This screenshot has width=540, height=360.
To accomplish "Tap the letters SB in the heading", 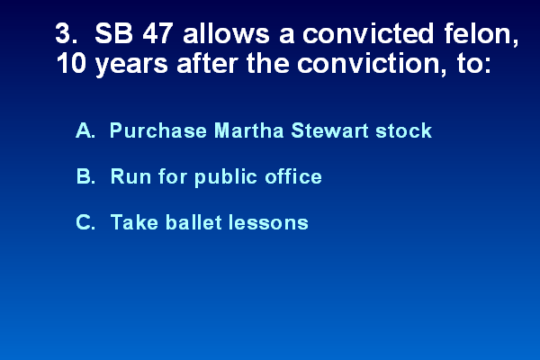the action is [x=113, y=33].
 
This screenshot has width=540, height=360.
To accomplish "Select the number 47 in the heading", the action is [x=157, y=33].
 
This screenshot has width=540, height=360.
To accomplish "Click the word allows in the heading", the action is [x=226, y=33].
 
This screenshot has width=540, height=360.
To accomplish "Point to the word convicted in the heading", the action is [x=367, y=33].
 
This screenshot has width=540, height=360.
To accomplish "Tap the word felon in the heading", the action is [x=478, y=33].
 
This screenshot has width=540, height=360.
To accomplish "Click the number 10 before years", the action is [x=71, y=63].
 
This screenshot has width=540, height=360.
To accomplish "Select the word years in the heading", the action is [x=131, y=66].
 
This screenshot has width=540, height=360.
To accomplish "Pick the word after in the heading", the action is [x=207, y=63].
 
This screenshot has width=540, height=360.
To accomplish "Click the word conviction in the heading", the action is [x=368, y=63].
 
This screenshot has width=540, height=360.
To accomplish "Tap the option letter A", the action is [x=85, y=130].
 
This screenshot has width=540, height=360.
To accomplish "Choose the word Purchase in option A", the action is [x=158, y=130].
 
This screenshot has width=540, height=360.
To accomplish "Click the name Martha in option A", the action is [x=249, y=130].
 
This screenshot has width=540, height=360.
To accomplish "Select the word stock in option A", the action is [x=403, y=130].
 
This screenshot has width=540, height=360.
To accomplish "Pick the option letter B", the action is [x=85, y=176].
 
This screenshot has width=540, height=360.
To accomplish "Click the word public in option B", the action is [x=226, y=177].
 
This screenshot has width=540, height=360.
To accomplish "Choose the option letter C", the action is [x=85, y=222].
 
